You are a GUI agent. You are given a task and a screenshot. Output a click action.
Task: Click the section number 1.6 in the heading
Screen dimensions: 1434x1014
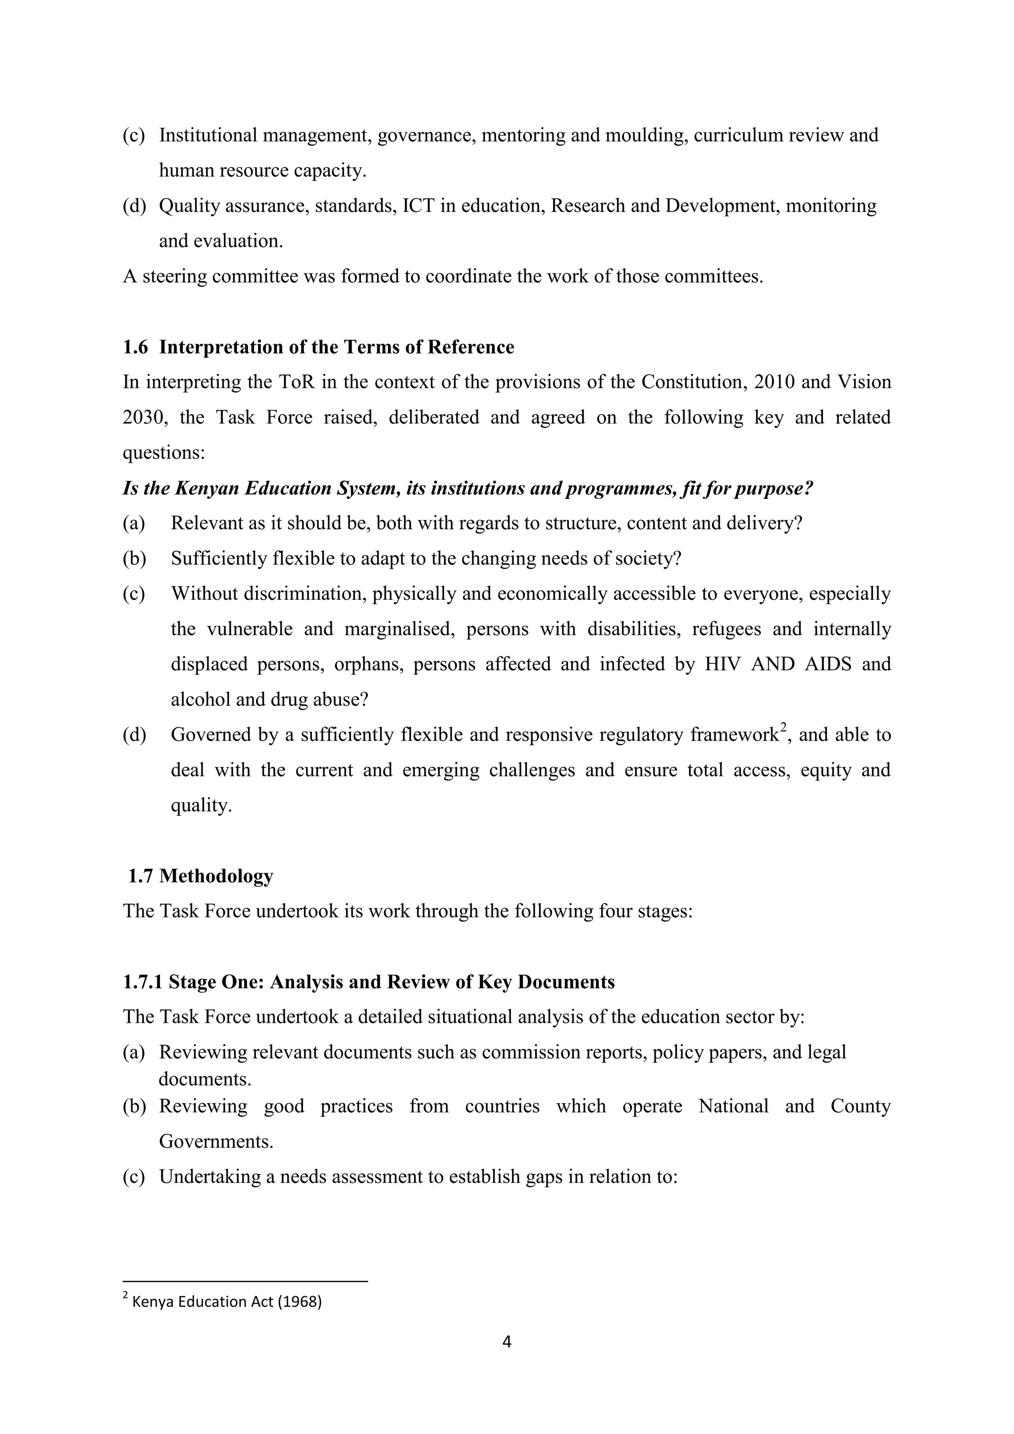(x=135, y=347)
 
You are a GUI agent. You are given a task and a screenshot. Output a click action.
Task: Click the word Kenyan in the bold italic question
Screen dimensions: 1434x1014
(x=206, y=488)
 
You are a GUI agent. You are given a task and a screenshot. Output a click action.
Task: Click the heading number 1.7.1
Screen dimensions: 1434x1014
(x=143, y=982)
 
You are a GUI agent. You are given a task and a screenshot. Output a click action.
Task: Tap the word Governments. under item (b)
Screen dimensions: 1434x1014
(x=216, y=1141)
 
